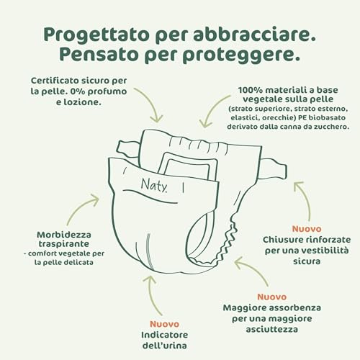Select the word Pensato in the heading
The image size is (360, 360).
[x=92, y=56]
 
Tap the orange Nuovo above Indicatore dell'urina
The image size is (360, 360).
[x=165, y=323]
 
